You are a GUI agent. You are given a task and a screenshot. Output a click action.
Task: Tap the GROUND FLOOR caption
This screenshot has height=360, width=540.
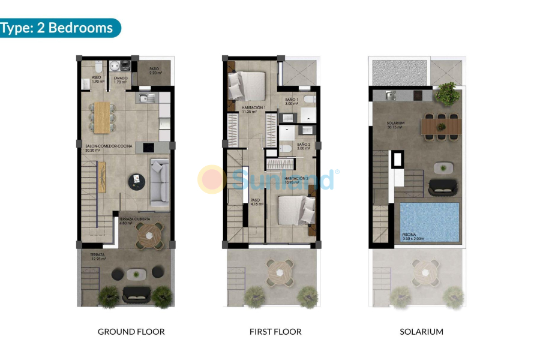click(x=131, y=332)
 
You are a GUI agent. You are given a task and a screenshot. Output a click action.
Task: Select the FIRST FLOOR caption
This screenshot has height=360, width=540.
click(x=275, y=332)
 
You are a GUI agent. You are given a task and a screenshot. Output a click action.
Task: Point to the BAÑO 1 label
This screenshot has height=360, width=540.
click(x=292, y=101)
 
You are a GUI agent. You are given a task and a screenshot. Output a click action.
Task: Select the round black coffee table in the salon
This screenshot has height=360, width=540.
click(x=137, y=178)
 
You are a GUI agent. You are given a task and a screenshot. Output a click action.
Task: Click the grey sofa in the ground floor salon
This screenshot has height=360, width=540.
click(x=160, y=183)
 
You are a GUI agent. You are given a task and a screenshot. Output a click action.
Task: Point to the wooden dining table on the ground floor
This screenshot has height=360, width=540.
click(x=103, y=116)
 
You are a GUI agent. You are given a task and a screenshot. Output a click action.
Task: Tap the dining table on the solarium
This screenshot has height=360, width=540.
click(x=441, y=127)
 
